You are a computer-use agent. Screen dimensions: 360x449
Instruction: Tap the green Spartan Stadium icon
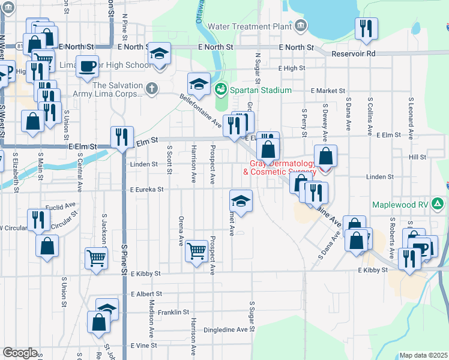pos(221,90)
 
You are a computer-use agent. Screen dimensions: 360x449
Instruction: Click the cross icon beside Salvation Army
pos(153,89)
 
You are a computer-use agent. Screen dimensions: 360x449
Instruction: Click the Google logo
pos(20,353)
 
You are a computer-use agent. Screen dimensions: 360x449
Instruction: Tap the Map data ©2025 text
pos(423,355)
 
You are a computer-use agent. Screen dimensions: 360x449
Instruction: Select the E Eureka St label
pos(146,190)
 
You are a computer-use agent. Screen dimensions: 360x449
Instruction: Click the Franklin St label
pos(174,313)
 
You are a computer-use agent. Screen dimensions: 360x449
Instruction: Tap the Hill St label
pos(417,157)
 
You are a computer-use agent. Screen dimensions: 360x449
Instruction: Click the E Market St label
pos(326,90)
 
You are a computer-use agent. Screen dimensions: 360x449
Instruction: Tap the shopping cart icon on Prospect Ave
pos(197,250)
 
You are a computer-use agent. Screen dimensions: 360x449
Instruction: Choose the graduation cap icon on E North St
pos(159,53)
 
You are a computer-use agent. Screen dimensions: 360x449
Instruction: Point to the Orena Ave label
pos(180,231)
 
